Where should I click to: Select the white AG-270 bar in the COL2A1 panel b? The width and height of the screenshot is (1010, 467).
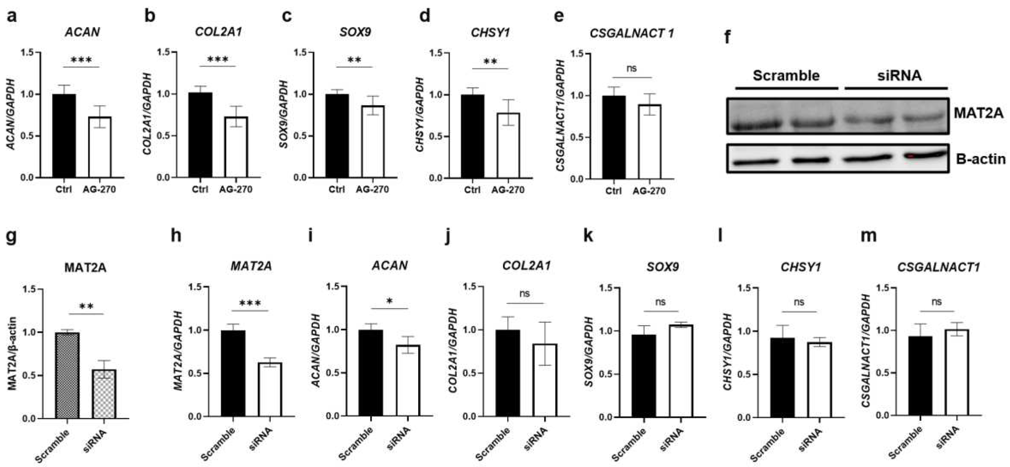point(236,147)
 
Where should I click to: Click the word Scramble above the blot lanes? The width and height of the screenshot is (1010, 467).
point(786,75)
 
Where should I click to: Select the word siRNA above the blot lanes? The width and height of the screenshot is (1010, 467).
point(899,75)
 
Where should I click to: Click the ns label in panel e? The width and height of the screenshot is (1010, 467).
point(631,68)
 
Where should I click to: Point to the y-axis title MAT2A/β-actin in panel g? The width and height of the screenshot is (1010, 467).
point(13,353)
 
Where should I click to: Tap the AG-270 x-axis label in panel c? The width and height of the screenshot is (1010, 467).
point(372,189)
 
